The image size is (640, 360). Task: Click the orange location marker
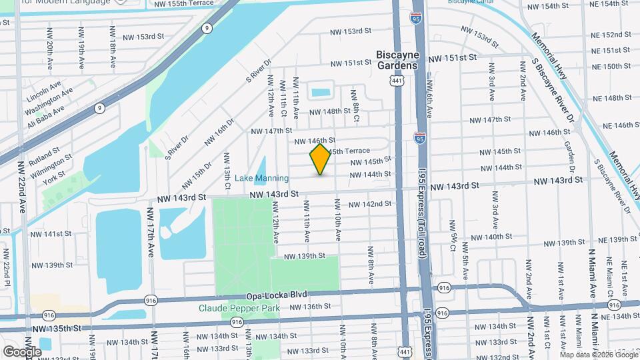[321, 159]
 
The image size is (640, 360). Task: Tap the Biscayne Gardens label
[397, 59]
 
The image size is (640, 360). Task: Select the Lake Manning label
[262, 178]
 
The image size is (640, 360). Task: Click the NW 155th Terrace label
[184, 3]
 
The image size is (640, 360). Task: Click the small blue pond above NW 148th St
[321, 93]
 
